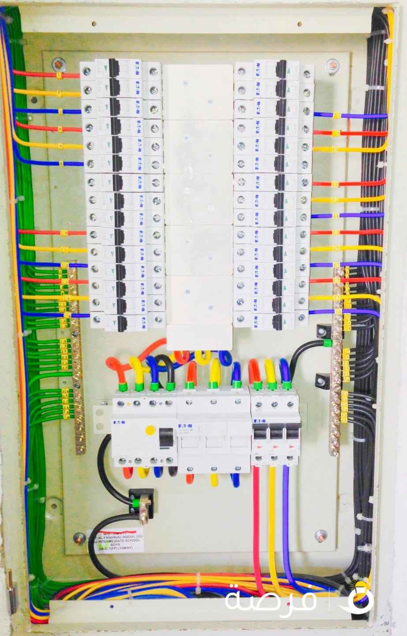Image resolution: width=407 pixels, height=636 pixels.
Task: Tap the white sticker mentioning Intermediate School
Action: tap(116, 540)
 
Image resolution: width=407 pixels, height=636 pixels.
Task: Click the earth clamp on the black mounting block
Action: tap(142, 503)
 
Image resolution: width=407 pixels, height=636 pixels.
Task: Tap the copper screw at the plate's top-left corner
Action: tap(58, 65)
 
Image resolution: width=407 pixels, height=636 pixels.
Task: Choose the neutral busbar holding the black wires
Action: tap(336, 362)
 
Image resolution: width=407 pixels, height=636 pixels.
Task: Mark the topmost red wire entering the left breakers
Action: tap(44, 74)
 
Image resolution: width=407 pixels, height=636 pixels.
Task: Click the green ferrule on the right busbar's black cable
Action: tap(327, 343)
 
